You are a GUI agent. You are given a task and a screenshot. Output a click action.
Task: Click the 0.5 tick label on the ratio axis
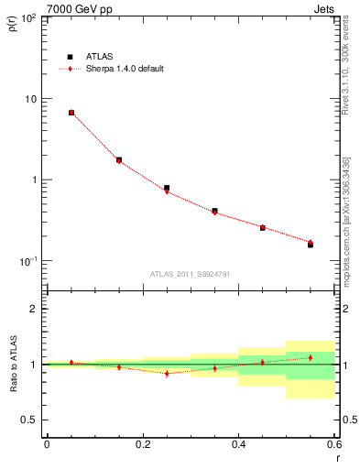click(31, 420)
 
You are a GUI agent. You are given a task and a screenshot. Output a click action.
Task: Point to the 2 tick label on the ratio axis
click(35, 309)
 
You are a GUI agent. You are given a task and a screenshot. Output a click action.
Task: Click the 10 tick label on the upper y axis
click(31, 99)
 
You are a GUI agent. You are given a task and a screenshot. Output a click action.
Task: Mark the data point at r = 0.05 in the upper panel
click(71, 113)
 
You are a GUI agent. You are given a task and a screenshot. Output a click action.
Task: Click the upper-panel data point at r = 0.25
click(167, 189)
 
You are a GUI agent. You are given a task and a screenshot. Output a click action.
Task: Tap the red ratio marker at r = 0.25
click(167, 373)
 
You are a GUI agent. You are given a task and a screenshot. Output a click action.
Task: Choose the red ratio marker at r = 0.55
click(311, 357)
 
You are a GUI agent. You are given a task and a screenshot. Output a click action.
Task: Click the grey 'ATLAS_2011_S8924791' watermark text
click(190, 273)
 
